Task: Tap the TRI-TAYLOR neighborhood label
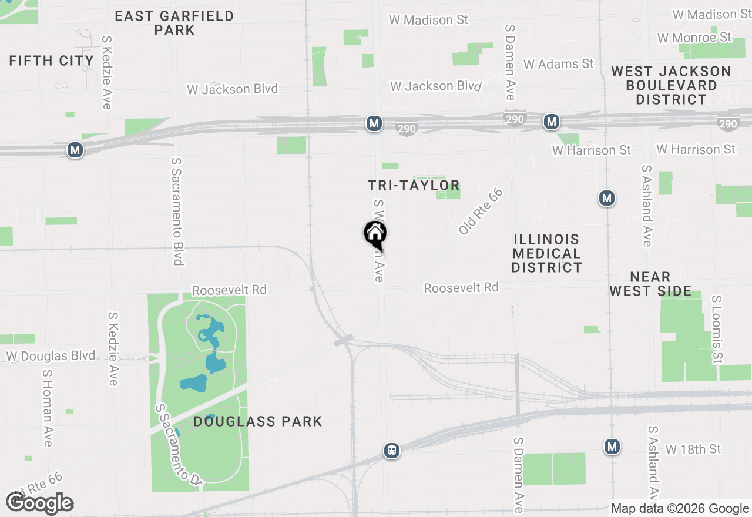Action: click(414, 186)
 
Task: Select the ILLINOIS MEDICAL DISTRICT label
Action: click(546, 253)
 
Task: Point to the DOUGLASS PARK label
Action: click(258, 421)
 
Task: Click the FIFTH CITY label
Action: click(52, 61)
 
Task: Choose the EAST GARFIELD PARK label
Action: click(174, 23)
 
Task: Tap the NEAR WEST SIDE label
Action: click(650, 284)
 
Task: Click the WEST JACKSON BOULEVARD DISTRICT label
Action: click(671, 85)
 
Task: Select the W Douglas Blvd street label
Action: click(51, 356)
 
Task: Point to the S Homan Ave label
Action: click(48, 407)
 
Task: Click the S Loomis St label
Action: click(716, 328)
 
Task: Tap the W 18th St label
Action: click(693, 449)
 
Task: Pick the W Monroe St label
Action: click(694, 38)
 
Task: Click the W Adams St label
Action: click(559, 64)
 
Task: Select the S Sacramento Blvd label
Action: click(177, 211)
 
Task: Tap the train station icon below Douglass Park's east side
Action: click(392, 451)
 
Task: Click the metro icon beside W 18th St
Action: click(612, 447)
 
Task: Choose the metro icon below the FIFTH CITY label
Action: click(75, 150)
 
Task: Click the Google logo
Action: click(40, 503)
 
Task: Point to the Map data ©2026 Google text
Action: click(680, 509)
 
